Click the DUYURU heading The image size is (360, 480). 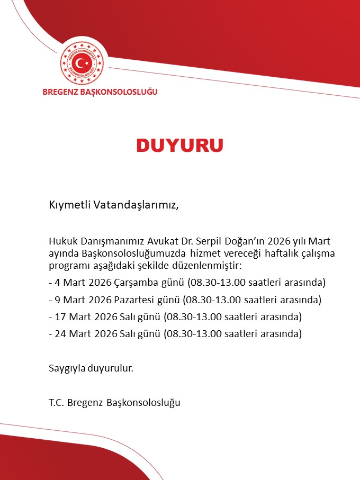pyautogui.click(x=179, y=145)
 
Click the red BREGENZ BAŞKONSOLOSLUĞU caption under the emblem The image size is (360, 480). pyautogui.click(x=100, y=92)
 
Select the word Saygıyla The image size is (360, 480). pyautogui.click(x=66, y=368)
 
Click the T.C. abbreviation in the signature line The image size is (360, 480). pyautogui.click(x=57, y=403)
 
